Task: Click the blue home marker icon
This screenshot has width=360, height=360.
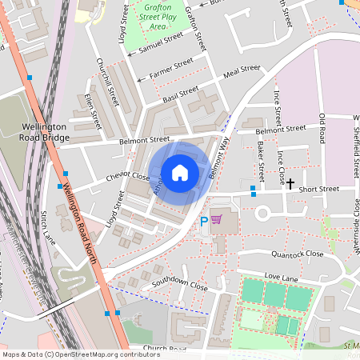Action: coord(180,173)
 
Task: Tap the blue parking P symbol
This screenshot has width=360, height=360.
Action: coord(204,221)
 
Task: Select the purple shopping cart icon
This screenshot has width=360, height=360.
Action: coord(217,220)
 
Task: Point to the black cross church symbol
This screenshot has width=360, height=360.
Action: coord(290,183)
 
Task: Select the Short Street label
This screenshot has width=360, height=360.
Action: coord(318,189)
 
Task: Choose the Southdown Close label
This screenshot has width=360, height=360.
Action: coord(180,284)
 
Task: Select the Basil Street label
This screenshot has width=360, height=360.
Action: coord(179,93)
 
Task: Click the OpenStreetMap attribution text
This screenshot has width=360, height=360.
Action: coord(81,354)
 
